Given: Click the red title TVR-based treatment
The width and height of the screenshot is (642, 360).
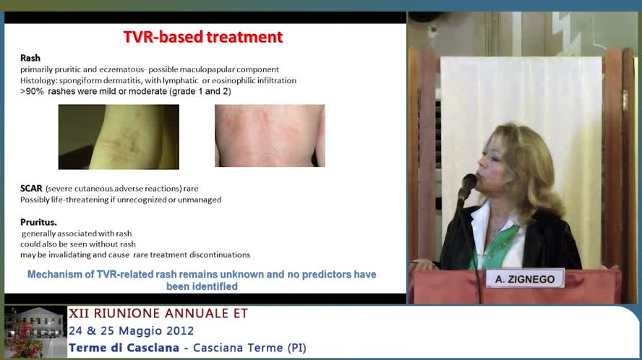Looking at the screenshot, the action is click(x=203, y=37).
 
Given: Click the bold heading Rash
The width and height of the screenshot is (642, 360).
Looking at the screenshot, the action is click(x=30, y=58).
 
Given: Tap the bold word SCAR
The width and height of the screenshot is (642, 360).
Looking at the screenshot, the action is click(x=31, y=189).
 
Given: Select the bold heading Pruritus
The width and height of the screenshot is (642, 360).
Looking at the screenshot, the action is click(x=38, y=223).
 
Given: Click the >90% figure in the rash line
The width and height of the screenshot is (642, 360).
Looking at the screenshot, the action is click(x=32, y=91).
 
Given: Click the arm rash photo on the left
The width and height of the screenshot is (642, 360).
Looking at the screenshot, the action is click(x=119, y=137).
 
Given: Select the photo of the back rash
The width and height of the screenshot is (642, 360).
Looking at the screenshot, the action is click(x=270, y=136).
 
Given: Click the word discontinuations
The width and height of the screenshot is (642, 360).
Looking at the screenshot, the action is click(x=221, y=254).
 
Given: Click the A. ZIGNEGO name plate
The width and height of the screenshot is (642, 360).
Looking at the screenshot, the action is click(x=525, y=279).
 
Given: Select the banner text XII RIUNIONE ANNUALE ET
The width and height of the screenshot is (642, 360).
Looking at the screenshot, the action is click(x=158, y=313).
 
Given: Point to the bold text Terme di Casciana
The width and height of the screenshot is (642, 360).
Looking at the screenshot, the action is click(x=124, y=348).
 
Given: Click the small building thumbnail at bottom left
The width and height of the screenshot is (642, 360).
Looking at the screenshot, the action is click(x=35, y=332).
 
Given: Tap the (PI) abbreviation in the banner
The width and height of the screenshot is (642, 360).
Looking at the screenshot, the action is click(x=297, y=348).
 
